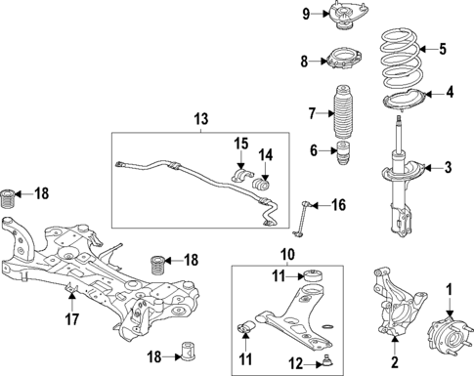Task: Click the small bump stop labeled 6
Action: coord(345,152)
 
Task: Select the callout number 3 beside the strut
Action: coord(448,167)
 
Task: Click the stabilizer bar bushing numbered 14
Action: coord(261,184)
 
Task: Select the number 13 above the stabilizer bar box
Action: coord(200,119)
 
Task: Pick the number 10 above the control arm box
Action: coord(286,255)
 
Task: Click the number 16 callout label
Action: coord(338,204)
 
